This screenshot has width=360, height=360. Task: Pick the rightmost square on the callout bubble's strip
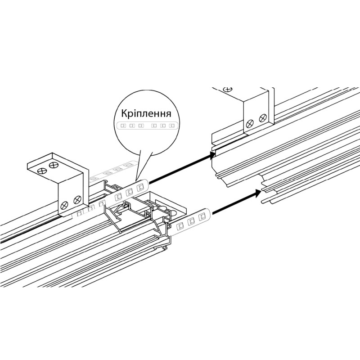[x=171, y=126]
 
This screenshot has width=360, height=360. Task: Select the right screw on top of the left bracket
[x=54, y=164]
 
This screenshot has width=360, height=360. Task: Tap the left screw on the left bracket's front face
[x=64, y=204]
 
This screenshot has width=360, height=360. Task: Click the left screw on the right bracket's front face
[x=250, y=124]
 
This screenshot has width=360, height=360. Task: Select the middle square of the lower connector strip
[x=191, y=220]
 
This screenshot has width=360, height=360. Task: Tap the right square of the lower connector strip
[x=201, y=216]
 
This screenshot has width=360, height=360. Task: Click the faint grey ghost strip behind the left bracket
[x=110, y=172]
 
